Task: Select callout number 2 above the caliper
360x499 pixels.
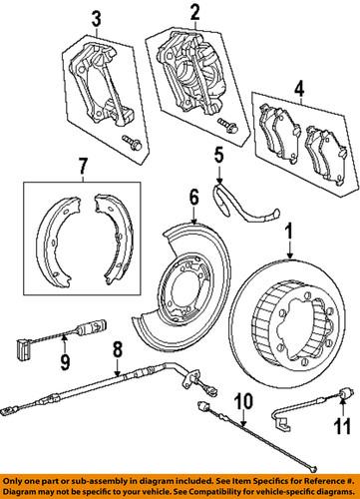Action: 195,14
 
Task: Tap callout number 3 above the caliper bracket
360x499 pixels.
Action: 96,18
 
